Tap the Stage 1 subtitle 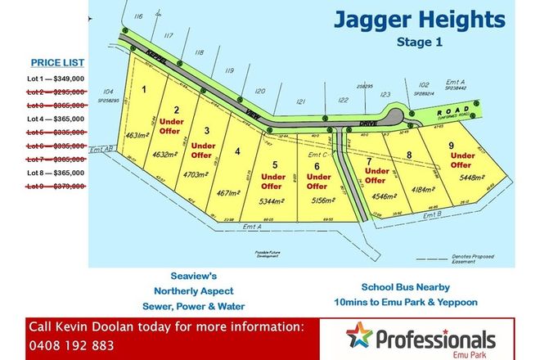pyautogui.click(x=419, y=43)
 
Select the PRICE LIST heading pyautogui.click(x=57, y=61)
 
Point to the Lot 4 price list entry pyautogui.click(x=57, y=119)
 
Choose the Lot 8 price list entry pyautogui.click(x=57, y=173)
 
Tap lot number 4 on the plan pyautogui.click(x=237, y=151)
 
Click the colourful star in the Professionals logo pyautogui.click(x=358, y=335)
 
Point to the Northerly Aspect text pyautogui.click(x=193, y=290)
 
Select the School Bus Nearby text pyautogui.click(x=407, y=287)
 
